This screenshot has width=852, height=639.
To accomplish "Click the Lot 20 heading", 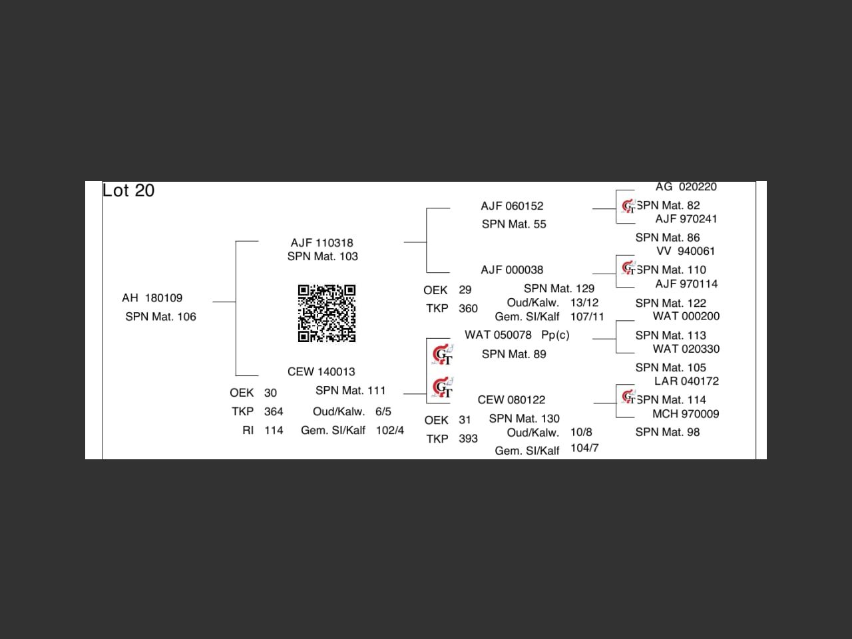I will click(128, 191).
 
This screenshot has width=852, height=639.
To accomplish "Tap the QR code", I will click(326, 313).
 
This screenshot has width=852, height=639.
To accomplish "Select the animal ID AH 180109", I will click(152, 298).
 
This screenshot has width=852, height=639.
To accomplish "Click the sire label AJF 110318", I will click(321, 243).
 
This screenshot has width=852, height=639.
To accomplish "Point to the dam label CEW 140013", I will click(321, 371).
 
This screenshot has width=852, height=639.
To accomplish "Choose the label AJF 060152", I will click(512, 206).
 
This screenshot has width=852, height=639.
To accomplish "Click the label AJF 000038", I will click(512, 270).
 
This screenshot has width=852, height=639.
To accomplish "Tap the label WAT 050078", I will click(498, 335).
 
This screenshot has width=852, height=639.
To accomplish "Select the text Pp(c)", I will click(555, 335).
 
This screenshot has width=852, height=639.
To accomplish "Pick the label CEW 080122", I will click(511, 399).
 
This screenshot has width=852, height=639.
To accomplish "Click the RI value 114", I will click(274, 431).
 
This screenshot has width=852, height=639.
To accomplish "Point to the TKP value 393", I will click(468, 439).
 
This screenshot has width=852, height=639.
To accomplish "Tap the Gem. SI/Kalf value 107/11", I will click(587, 317).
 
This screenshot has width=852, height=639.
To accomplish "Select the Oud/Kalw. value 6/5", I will click(383, 412).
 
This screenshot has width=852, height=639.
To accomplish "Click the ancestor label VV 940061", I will click(686, 251).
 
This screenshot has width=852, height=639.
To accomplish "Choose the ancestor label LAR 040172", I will click(686, 381).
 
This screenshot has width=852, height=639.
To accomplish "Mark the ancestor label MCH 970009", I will click(686, 413).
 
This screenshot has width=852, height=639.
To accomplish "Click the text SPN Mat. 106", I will click(160, 317).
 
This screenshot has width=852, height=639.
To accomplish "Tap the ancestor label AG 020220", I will click(686, 187).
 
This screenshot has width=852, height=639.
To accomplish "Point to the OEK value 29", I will click(465, 290).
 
